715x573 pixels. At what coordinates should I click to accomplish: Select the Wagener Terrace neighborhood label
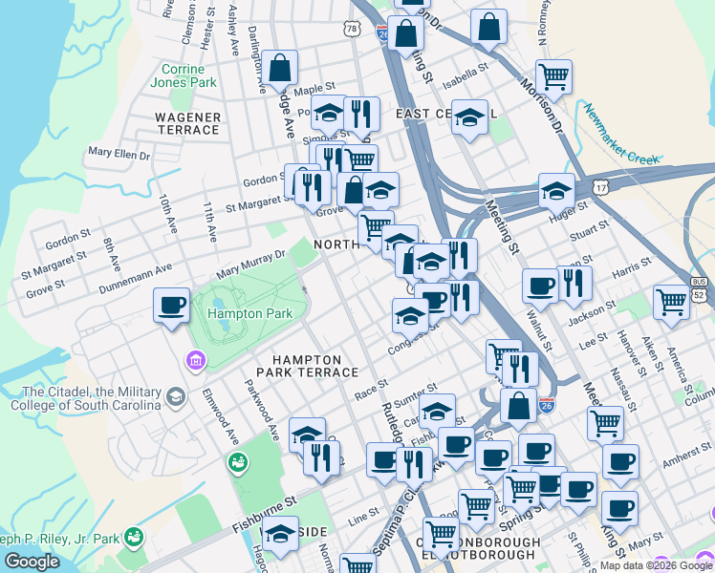coord(188,123)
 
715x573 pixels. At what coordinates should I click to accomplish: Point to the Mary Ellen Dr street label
coord(119,153)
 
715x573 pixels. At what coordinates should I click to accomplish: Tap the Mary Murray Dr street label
coord(251,261)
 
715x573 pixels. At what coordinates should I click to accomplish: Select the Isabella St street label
coord(466,69)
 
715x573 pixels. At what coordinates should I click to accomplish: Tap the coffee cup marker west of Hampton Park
coord(172,306)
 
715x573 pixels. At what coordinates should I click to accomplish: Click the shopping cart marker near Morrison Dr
coord(553,74)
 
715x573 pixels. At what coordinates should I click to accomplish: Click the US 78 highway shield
coord(353,30)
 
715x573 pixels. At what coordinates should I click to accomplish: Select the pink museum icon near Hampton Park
coord(196,361)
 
